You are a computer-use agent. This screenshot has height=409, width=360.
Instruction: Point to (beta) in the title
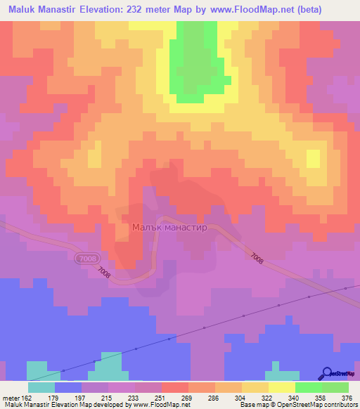[x=335, y=10]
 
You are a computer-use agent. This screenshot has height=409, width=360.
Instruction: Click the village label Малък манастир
[x=169, y=228]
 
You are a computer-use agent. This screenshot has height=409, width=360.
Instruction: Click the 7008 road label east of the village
[x=256, y=259]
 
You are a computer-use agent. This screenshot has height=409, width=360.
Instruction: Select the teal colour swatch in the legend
[x=41, y=387]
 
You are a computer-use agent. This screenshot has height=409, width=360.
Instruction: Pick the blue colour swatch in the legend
[x=67, y=387]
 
